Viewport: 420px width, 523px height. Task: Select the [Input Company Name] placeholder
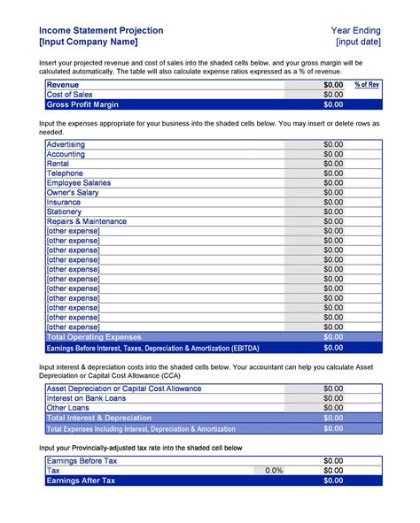(x=88, y=42)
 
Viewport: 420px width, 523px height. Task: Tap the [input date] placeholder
(x=358, y=42)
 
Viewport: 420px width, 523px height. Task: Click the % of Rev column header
(x=367, y=84)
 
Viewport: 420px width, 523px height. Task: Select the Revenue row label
(x=63, y=84)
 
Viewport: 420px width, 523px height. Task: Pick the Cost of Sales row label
(x=69, y=94)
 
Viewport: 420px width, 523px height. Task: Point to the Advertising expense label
(x=66, y=143)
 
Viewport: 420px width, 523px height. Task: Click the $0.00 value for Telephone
(x=332, y=173)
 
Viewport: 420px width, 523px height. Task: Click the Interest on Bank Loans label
(x=87, y=398)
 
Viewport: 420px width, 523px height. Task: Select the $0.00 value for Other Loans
(x=332, y=408)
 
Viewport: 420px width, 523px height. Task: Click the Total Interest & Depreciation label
(x=98, y=418)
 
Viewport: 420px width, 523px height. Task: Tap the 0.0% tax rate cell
(x=274, y=471)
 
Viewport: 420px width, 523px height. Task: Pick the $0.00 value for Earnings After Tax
(x=332, y=481)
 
